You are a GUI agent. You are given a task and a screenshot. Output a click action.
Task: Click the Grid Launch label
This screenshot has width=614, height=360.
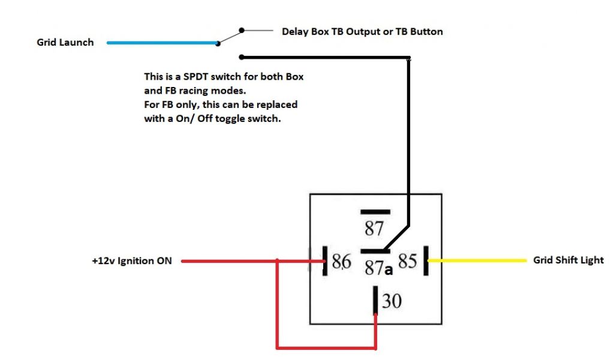[65, 43]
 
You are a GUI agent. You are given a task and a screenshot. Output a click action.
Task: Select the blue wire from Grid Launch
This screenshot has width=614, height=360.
[162, 43]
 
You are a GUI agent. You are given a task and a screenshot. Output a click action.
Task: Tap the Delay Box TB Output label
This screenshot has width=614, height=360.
[362, 31]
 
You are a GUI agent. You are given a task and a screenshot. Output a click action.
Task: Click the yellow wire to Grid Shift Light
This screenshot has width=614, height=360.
[477, 260]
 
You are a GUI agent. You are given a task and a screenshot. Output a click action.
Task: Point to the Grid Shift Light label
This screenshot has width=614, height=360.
[568, 260]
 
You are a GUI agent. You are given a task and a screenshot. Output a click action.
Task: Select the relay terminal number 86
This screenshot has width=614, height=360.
[341, 262]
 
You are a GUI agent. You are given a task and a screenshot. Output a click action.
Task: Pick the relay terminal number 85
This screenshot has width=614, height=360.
[408, 262]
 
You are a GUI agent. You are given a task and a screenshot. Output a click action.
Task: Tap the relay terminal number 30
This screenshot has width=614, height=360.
[392, 300]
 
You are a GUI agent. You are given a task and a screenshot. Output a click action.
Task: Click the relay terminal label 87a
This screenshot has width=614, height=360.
[378, 269]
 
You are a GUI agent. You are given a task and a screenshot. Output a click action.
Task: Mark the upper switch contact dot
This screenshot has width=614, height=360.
[241, 30]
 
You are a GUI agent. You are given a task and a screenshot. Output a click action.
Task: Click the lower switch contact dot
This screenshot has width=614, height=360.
[241, 58]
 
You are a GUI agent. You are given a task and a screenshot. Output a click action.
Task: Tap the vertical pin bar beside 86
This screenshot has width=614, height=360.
[324, 260]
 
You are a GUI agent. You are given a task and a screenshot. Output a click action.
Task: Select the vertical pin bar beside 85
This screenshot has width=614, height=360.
[426, 260]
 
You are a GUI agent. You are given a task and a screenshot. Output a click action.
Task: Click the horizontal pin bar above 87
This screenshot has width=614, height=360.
[375, 212]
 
